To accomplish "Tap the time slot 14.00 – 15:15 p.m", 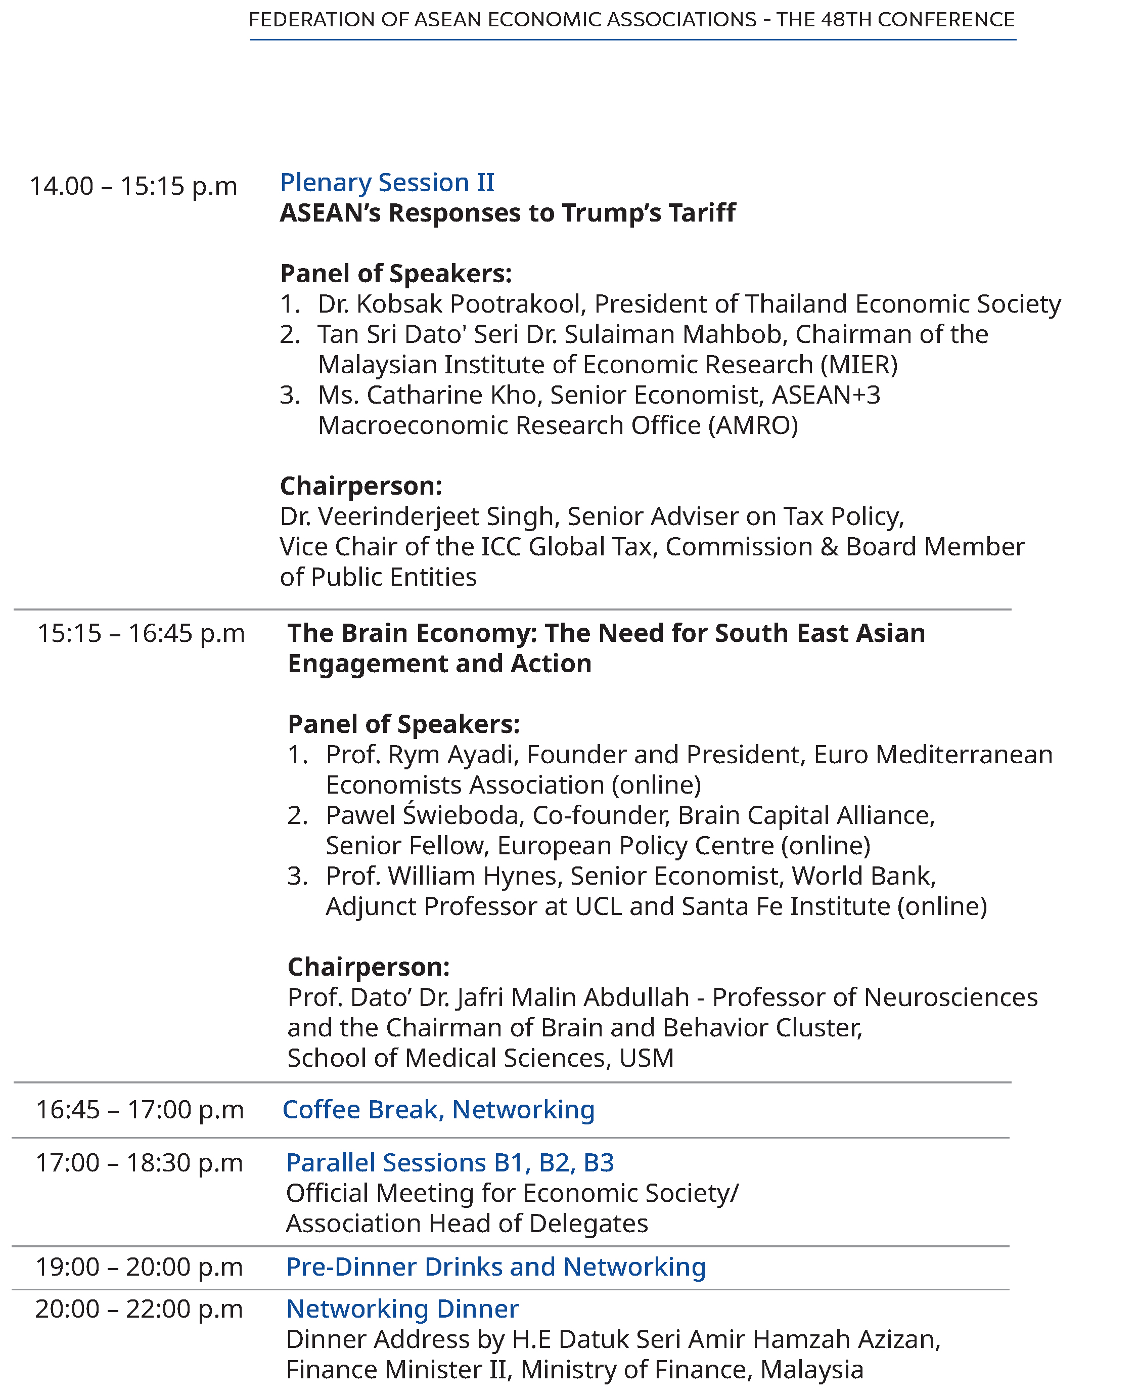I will [x=133, y=186].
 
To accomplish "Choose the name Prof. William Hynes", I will [x=442, y=876].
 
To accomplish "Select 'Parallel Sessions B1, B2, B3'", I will [x=450, y=1162].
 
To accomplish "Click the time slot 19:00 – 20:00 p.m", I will [x=139, y=1267].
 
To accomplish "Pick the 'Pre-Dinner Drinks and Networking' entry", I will [x=495, y=1267].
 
